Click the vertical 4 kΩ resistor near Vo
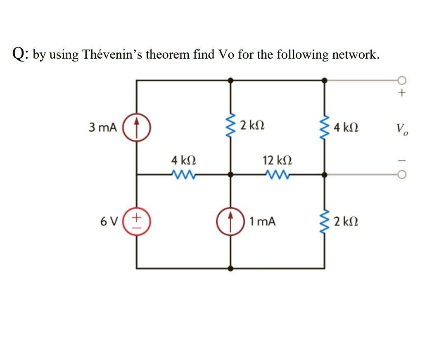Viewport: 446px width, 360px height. click(x=325, y=127)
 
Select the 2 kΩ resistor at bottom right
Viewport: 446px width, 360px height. click(x=325, y=221)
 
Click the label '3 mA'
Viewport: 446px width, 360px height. click(x=102, y=127)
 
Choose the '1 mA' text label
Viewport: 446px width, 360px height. click(x=262, y=222)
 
